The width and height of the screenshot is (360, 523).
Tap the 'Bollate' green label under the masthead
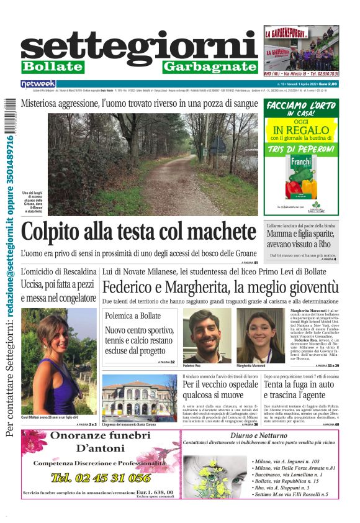[x=52, y=66]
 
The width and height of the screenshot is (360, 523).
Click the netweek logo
[x=38, y=83]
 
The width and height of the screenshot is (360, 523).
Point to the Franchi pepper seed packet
[x=301, y=176]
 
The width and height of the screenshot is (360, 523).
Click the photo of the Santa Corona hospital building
[x=139, y=398]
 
